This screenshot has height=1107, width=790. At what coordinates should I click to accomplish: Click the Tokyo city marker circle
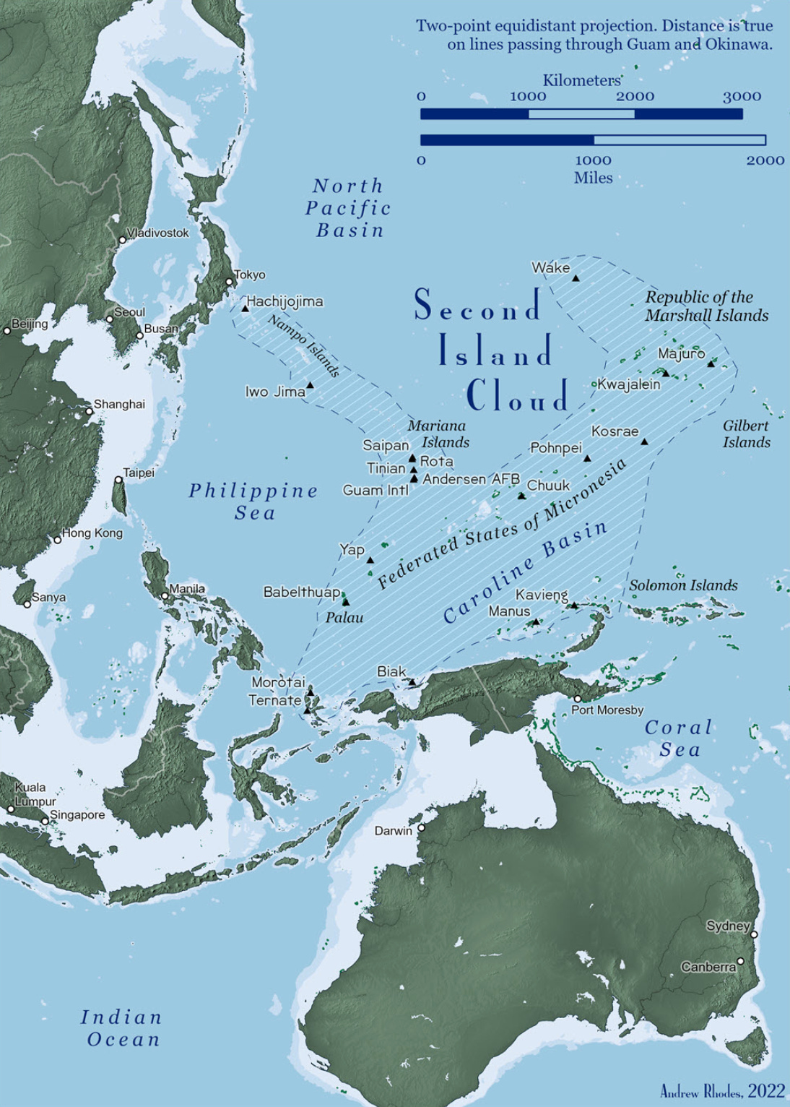click(x=229, y=282)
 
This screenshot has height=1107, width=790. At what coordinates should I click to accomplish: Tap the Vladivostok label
click(x=157, y=233)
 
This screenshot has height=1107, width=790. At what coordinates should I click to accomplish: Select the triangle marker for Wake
click(x=576, y=277)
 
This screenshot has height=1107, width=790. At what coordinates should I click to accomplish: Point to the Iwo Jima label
click(x=274, y=392)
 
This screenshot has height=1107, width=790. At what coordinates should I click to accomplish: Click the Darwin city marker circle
click(x=421, y=828)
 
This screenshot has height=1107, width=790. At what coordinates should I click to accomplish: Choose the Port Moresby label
click(x=607, y=710)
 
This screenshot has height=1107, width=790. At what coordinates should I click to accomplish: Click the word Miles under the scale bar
click(x=593, y=178)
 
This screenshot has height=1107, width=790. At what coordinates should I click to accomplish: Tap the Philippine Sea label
click(x=253, y=501)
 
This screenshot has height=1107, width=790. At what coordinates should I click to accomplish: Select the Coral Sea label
click(x=679, y=738)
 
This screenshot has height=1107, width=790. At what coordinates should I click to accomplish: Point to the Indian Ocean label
click(x=121, y=1028)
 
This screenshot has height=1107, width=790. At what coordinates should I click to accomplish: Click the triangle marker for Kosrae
click(x=644, y=441)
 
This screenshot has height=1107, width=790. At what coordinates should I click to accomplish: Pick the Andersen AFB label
click(x=471, y=479)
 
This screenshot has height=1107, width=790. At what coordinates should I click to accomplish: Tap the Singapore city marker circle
click(x=45, y=821)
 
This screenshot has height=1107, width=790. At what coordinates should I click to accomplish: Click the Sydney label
click(x=728, y=926)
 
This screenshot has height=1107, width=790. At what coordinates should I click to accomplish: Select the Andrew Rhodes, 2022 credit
click(x=722, y=1091)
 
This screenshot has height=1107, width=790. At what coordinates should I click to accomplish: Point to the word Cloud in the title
click(x=517, y=395)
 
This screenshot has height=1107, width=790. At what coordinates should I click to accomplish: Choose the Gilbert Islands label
click(x=747, y=434)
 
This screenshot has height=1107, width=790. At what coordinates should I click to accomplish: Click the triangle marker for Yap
click(x=370, y=560)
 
